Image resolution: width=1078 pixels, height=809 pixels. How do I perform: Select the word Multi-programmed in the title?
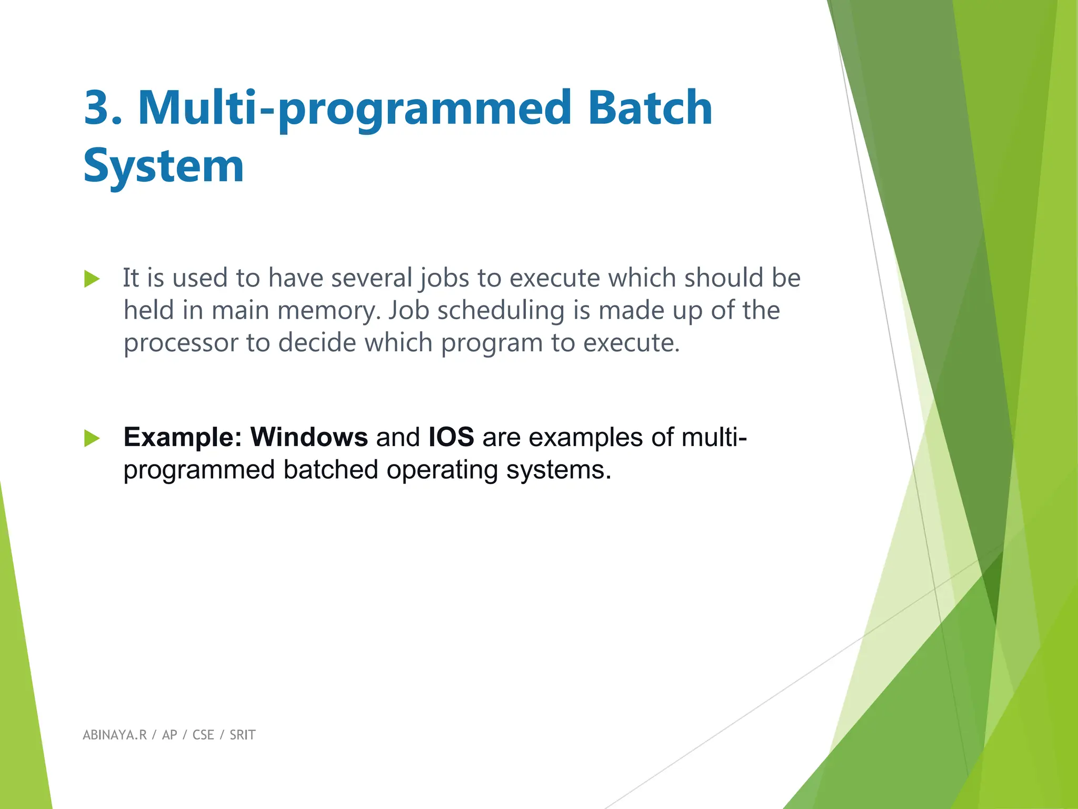coord(354,109)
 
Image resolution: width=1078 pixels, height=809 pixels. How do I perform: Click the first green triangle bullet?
coord(92,279)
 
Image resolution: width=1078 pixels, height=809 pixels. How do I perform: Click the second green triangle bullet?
coord(92,438)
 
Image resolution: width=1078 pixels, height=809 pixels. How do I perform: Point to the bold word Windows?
coord(309,437)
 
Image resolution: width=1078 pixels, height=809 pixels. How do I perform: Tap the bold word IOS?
coord(451,437)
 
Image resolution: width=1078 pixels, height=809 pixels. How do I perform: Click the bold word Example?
coord(182,437)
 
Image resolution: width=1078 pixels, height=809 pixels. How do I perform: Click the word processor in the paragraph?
coord(181,343)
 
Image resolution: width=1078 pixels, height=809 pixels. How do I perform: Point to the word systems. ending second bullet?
coord(558,470)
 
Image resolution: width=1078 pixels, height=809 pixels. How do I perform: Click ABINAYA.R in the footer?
coord(114,735)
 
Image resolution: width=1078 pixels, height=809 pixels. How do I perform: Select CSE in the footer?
coord(203,735)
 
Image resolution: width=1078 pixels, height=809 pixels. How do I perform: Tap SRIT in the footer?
coord(242,735)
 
